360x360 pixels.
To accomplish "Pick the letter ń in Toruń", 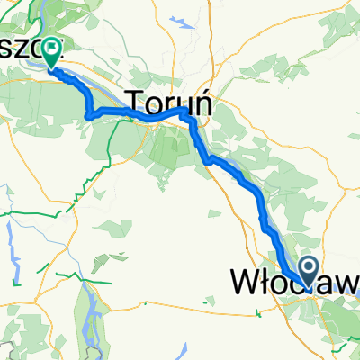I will (x=202, y=102).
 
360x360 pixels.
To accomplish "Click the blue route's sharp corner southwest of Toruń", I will (x=88, y=113).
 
